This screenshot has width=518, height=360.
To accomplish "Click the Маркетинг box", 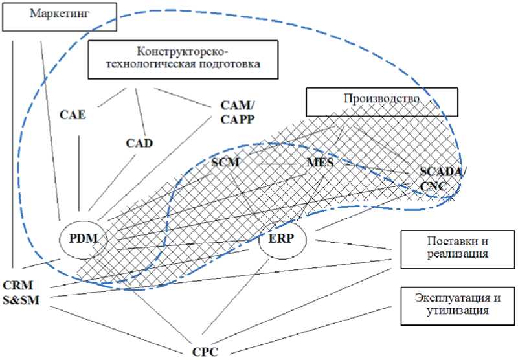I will tap(62, 15).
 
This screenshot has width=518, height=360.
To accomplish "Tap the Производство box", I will tap(381, 99).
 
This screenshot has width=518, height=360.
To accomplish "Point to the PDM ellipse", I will tap(81, 239).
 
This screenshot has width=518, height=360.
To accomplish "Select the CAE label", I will tap(74, 115).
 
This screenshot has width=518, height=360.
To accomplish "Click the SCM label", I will tap(226, 163).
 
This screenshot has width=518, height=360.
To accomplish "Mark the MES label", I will tap(319, 163).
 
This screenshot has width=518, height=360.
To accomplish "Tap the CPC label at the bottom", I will tap(204, 352).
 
